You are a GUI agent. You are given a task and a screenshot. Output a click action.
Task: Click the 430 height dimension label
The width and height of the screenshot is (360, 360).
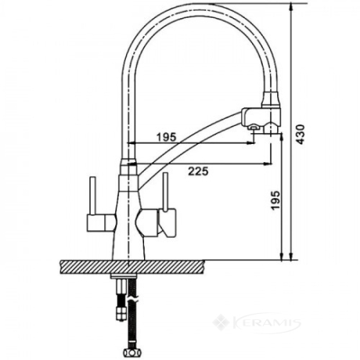tap(301, 135)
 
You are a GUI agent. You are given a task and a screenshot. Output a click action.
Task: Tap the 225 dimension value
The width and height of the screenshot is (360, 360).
tap(198, 171)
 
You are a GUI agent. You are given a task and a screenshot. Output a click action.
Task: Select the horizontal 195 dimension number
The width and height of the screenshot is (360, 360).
tap(167, 137)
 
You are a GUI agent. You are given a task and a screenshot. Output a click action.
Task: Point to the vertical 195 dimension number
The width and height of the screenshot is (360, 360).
tap(275, 200)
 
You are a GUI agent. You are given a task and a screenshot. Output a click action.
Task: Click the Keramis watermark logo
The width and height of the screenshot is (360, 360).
tap(257, 324)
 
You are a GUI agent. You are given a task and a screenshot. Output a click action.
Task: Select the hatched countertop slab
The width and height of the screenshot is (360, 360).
tap(132, 267)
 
